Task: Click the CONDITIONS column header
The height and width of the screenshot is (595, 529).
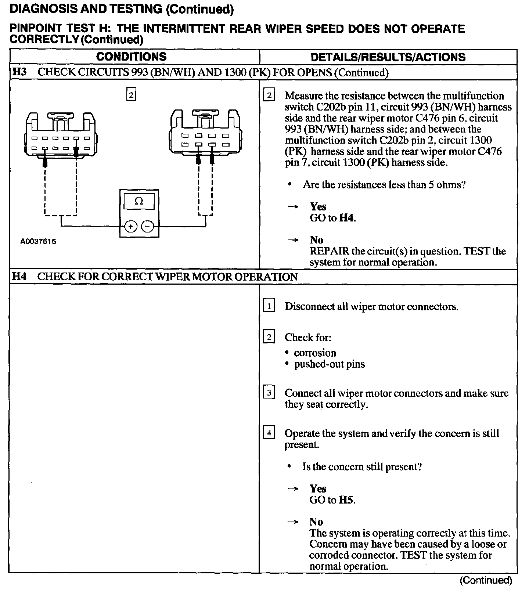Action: click(131, 57)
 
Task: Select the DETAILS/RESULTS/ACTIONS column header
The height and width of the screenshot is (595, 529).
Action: click(388, 57)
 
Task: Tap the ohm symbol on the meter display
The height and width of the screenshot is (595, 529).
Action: click(139, 201)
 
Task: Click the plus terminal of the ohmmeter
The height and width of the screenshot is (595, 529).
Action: click(130, 227)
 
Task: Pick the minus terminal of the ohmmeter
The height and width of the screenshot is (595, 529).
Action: click(148, 227)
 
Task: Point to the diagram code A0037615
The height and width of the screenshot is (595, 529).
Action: click(38, 242)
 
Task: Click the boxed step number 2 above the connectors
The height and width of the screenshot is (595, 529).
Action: click(131, 94)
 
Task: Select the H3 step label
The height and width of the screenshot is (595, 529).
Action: click(19, 72)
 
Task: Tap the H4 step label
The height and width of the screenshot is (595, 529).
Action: click(19, 277)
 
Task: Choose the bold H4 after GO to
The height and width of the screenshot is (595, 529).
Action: click(346, 218)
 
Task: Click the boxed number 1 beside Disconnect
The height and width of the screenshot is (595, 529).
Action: click(269, 306)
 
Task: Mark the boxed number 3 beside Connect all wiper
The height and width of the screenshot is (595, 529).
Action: click(269, 393)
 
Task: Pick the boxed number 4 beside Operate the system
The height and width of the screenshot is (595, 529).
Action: click(269, 433)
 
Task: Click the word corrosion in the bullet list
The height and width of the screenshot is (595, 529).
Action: click(315, 353)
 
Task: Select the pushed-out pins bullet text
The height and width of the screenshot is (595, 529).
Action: click(330, 364)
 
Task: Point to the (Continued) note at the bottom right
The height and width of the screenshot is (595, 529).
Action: click(486, 580)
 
